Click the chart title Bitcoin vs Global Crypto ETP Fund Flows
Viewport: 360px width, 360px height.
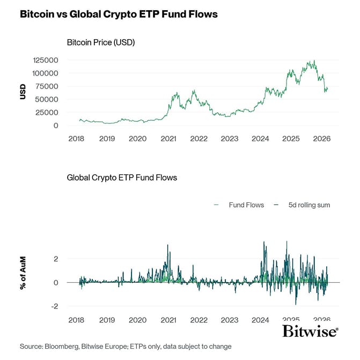(119, 14)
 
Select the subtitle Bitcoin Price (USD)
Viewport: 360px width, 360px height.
(100, 42)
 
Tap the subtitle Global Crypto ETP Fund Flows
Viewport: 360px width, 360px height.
(122, 177)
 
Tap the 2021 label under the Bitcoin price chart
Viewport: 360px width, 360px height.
(168, 138)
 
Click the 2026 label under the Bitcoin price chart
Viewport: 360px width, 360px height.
(322, 138)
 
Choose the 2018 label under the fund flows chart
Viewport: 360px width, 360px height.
(76, 320)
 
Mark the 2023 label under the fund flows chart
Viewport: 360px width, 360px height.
(230, 320)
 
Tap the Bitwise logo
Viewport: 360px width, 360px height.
(310, 331)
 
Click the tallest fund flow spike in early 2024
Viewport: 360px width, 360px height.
(264, 242)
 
